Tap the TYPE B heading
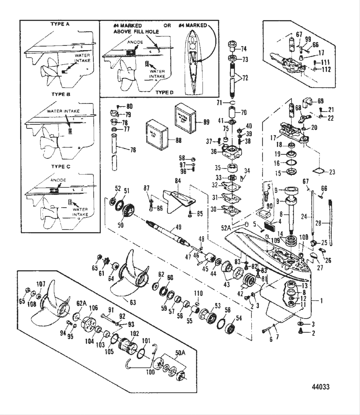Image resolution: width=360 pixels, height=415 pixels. click(61, 95)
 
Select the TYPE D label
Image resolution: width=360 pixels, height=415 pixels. click(164, 92)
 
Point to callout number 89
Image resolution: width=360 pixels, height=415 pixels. click(206, 122)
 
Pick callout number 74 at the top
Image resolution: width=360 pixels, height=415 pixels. click(244, 49)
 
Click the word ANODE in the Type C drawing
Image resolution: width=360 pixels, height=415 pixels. click(58, 180)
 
